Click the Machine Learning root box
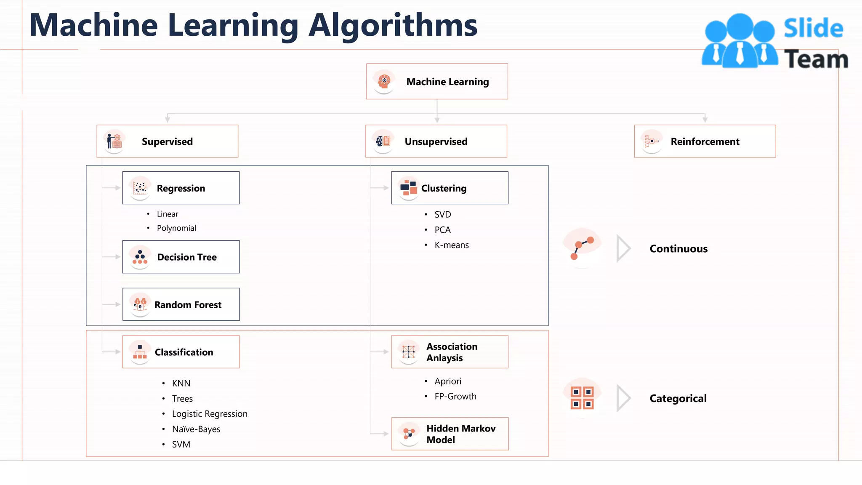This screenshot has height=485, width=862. [437, 81]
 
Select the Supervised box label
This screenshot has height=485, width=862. [167, 141]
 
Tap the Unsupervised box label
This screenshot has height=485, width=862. [436, 141]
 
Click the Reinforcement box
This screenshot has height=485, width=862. [705, 141]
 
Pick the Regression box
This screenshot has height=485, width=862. [181, 188]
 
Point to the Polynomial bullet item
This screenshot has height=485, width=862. [176, 228]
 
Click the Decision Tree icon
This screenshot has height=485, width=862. [140, 256]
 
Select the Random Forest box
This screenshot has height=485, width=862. [181, 304]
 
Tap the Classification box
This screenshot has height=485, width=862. [181, 352]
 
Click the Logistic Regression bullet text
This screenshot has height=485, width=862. [210, 414]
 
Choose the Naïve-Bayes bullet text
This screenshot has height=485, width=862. [196, 429]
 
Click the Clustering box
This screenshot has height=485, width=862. [450, 188]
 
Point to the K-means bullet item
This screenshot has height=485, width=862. [452, 245]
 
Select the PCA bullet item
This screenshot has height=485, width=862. [442, 230]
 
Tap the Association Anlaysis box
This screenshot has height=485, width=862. [450, 352]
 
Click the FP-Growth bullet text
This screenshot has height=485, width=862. [455, 396]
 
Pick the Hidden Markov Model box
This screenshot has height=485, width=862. [450, 434]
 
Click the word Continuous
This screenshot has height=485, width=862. [678, 249]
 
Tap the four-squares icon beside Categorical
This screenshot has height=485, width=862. [582, 398]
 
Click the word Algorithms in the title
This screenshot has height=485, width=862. [393, 25]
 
